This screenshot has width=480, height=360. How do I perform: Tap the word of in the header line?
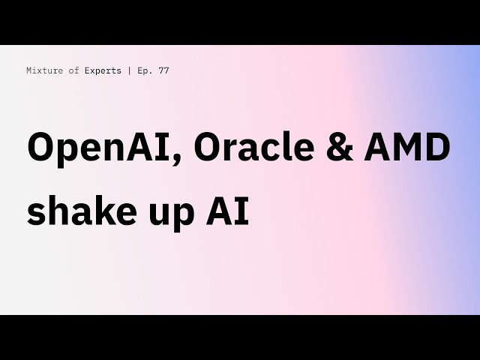point(70,70)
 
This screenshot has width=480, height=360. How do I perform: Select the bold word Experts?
point(101,70)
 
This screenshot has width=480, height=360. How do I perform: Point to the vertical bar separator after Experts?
point(129,70)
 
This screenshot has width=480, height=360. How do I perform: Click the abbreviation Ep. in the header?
point(142,70)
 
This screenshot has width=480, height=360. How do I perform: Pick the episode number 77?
point(163,70)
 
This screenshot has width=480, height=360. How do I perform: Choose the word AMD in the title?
point(404,148)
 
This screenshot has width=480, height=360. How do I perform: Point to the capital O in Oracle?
point(208,148)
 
